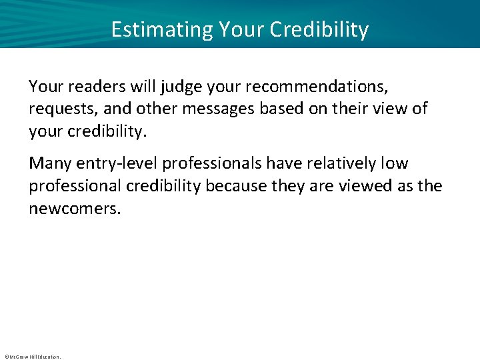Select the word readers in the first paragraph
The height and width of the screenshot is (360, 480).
pos(91,86)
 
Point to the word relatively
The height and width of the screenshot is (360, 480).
pos(338,163)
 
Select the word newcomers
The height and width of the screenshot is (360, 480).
pos(74,209)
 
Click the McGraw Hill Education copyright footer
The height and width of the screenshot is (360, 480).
pos(32,357)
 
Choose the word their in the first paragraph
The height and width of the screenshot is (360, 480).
pos(341,109)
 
